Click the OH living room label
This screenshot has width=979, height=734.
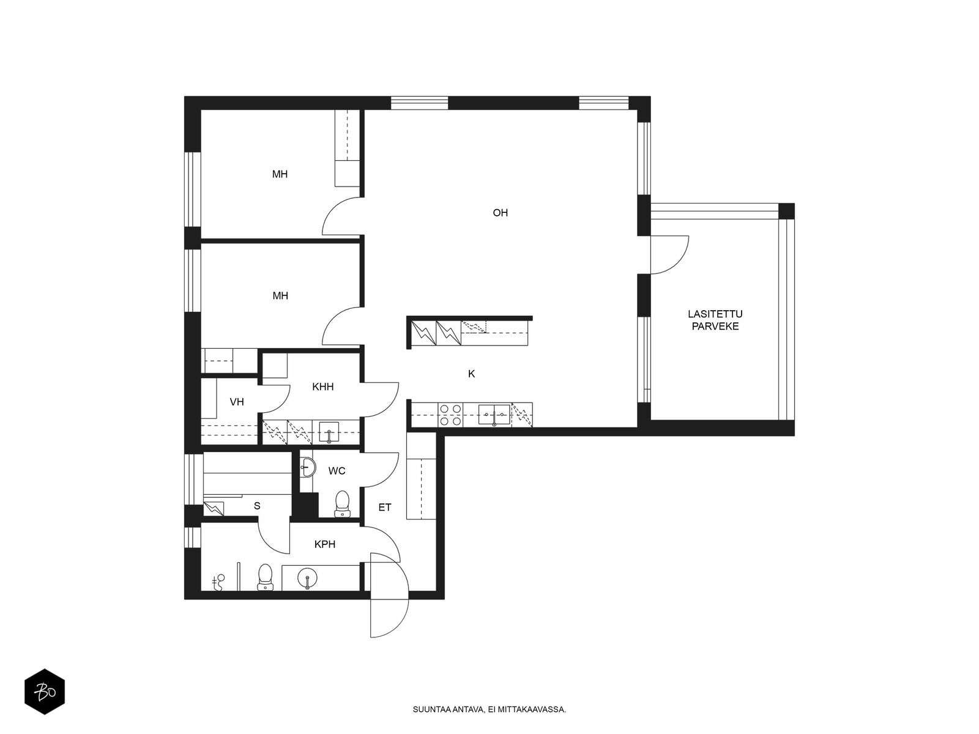(500, 213)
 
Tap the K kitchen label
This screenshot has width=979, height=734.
(471, 374)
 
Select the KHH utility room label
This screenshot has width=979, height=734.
(323, 387)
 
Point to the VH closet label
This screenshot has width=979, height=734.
(237, 402)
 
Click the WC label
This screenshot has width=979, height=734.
(337, 470)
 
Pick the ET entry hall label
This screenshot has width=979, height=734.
(385, 507)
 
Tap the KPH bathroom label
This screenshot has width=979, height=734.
(325, 544)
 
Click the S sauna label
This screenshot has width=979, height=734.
(257, 506)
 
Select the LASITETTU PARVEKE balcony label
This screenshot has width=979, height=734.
(715, 320)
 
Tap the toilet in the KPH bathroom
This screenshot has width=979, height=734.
(266, 577)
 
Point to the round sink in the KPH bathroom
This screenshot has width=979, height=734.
(307, 579)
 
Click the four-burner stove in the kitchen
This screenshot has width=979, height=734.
(450, 415)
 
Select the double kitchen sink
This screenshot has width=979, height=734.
(494, 415)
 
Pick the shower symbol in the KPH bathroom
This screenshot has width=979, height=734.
(219, 582)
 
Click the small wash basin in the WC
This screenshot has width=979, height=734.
(307, 467)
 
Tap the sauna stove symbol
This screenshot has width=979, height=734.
(214, 508)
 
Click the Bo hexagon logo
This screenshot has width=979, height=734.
(45, 692)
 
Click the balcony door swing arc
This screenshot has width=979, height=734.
(677, 262)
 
